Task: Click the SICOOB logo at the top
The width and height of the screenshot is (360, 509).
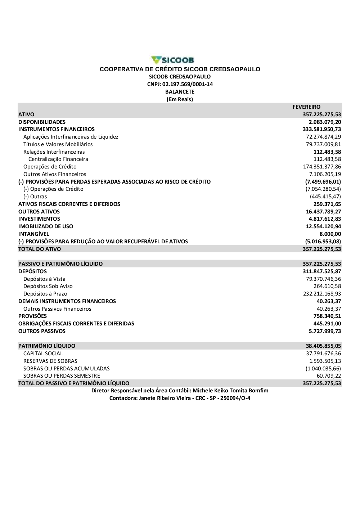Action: pos(173,60)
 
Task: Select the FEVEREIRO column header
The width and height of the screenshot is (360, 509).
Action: pos(306,107)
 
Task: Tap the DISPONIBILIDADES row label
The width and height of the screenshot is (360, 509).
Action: pos(42,122)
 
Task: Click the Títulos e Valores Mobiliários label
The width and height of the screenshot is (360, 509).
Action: pos(58,144)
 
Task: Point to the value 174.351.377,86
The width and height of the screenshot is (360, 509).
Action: pos(322,167)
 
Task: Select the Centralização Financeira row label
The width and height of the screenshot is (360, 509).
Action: pos(58,159)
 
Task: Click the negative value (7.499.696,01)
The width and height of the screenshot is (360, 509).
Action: pos(323,182)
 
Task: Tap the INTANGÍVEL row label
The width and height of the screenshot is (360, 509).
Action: pos(33,234)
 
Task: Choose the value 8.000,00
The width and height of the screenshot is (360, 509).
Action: pos(330,234)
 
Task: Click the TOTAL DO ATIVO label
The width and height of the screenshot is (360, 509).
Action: pos(40,249)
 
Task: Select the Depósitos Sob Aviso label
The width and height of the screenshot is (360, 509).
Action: pos(48,286)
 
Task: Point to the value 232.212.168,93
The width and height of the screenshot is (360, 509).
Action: pos(322,294)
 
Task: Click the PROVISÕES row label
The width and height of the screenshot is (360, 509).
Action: pos(32,316)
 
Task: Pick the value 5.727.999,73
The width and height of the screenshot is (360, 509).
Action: pos(325,331)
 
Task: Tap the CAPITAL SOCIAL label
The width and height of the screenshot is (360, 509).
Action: pos(43,353)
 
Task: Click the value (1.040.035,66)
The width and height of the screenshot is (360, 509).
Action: pos(323,369)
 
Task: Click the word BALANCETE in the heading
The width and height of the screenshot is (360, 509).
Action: pos(180,92)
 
